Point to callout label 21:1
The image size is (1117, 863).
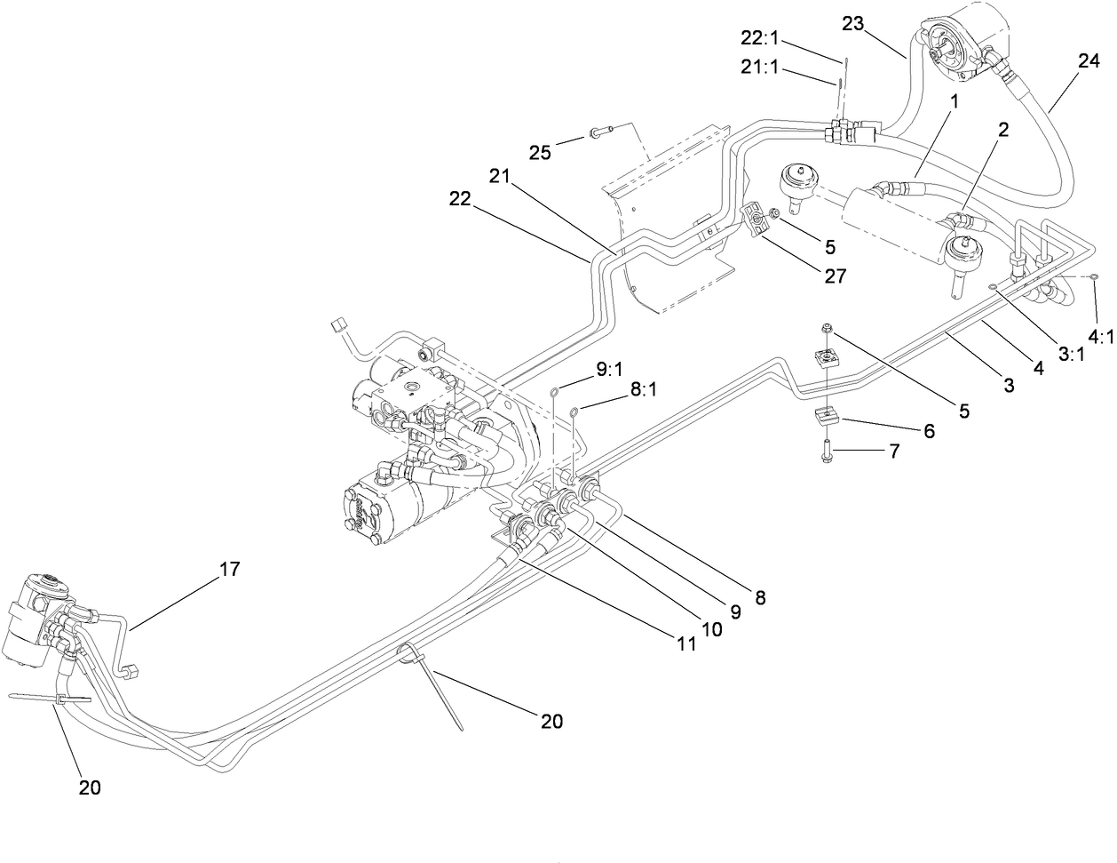point(760,67)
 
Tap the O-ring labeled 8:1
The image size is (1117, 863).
point(575,411)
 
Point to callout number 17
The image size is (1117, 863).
point(229,570)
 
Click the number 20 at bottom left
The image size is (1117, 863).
point(90,787)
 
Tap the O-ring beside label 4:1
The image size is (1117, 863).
point(1095,278)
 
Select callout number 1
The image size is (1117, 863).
point(954,103)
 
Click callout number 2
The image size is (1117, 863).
point(1003,130)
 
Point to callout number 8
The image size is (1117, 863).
point(761,597)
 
